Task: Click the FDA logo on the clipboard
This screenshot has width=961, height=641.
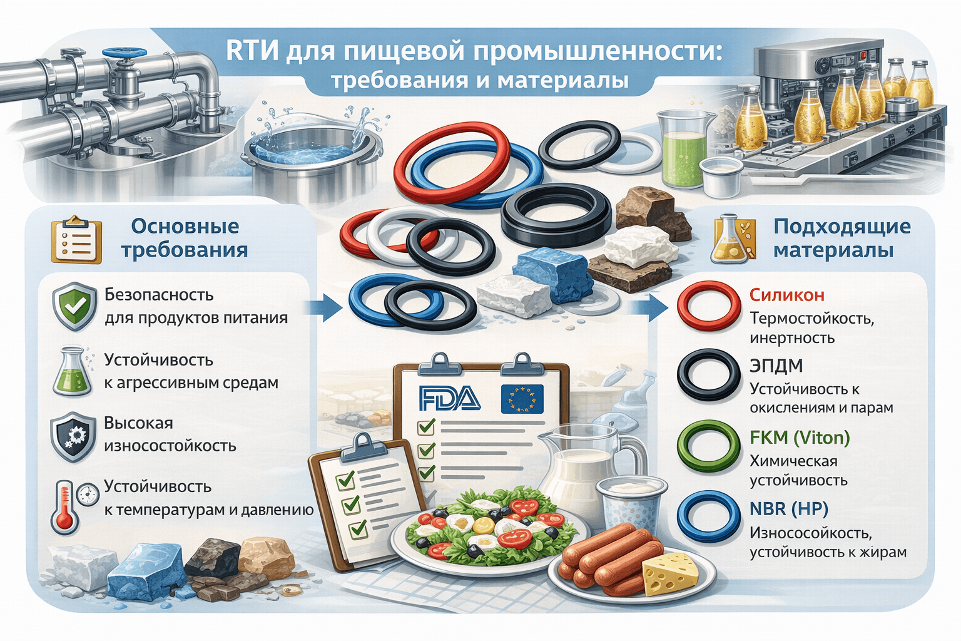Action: click(x=450, y=399)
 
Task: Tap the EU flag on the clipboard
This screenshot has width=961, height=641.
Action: click(x=522, y=399)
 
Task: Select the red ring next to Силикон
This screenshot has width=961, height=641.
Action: click(x=709, y=306)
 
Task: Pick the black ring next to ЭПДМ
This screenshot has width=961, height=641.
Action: click(x=709, y=376)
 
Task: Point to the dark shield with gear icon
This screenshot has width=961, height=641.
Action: click(x=74, y=436)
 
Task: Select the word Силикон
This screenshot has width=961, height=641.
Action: click(x=787, y=295)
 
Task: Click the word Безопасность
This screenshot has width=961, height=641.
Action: click(x=159, y=294)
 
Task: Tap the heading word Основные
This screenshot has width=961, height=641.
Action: click(x=185, y=226)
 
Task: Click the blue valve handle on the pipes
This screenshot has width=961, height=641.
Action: click(x=130, y=55)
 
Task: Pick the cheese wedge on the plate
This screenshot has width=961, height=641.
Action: click(x=670, y=572)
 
